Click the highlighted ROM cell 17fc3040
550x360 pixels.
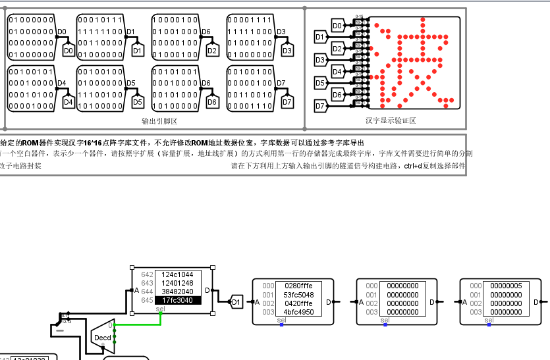coord(177,300)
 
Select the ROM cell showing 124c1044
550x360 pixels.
coord(177,274)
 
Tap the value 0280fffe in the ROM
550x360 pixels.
coord(299,286)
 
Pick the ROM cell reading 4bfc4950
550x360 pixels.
coord(299,312)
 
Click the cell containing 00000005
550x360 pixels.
coord(507,286)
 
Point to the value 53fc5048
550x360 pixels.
coord(299,295)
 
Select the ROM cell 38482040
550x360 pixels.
coord(177,292)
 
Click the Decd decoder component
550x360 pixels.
coord(103,337)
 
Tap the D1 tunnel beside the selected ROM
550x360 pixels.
coord(236,302)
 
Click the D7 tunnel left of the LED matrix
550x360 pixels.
coord(320,106)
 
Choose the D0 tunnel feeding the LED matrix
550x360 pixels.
coord(337,26)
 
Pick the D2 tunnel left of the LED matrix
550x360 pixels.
coord(337,49)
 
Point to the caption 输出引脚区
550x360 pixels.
coord(160,120)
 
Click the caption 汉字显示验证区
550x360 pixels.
coord(391,120)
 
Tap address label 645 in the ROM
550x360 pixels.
coord(146,300)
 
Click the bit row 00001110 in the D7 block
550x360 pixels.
coord(249,105)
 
